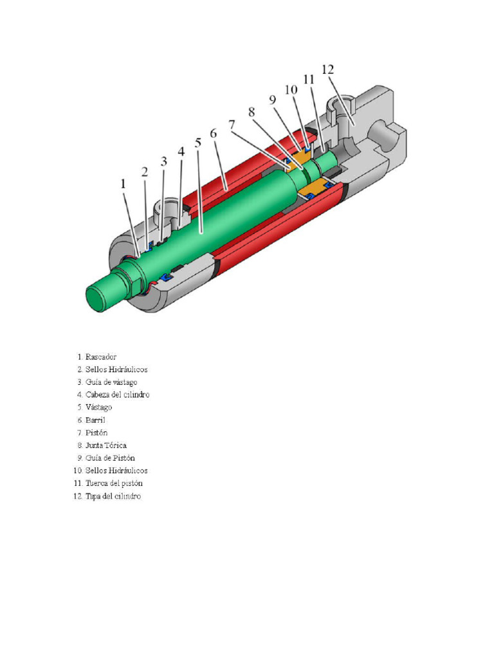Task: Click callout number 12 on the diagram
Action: pos(327,69)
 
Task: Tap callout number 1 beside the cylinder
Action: pos(123,184)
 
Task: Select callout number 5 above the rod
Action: pos(198,143)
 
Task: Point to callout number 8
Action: pos(252,112)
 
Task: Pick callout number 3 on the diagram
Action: pos(164,161)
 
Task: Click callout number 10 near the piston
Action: pos(291,90)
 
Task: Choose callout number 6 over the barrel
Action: pos(214,134)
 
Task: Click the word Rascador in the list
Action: pos(101,357)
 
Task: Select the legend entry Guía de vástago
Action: pos(111,382)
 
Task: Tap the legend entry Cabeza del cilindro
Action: pos(118,395)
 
